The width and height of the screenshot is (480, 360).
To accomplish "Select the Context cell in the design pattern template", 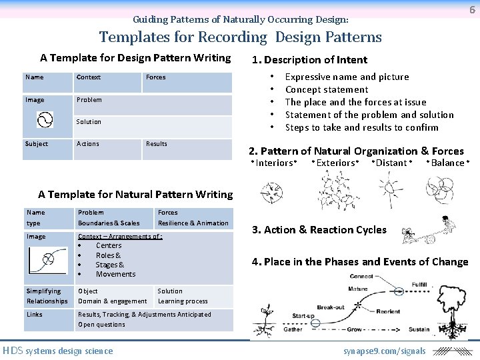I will tap(89, 77).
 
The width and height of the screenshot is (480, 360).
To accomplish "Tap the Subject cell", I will tap(37, 144).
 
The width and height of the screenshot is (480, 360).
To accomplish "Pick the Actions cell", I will tap(88, 144).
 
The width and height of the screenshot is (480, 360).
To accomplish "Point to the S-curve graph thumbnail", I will tap(48, 259).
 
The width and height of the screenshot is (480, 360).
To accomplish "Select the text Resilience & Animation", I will tap(193, 223).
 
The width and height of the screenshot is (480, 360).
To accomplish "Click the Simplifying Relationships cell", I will tap(47, 296).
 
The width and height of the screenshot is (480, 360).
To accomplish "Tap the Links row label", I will tap(35, 315).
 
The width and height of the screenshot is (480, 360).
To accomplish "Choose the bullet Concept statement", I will tap(327, 89).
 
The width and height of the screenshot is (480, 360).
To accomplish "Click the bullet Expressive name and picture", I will tap(347, 77).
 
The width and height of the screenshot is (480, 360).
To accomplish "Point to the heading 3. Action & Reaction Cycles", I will tap(319, 230).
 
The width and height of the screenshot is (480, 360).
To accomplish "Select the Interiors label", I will tap(275, 163).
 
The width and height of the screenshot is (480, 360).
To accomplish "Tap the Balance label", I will tap(448, 163).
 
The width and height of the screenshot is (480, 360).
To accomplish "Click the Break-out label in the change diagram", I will tap(331, 307).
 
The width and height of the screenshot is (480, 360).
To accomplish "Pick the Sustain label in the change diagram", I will tap(419, 329).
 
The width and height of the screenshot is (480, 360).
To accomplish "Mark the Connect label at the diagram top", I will tap(361, 276).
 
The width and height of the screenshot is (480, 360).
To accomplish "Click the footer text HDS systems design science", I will tap(58, 351).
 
